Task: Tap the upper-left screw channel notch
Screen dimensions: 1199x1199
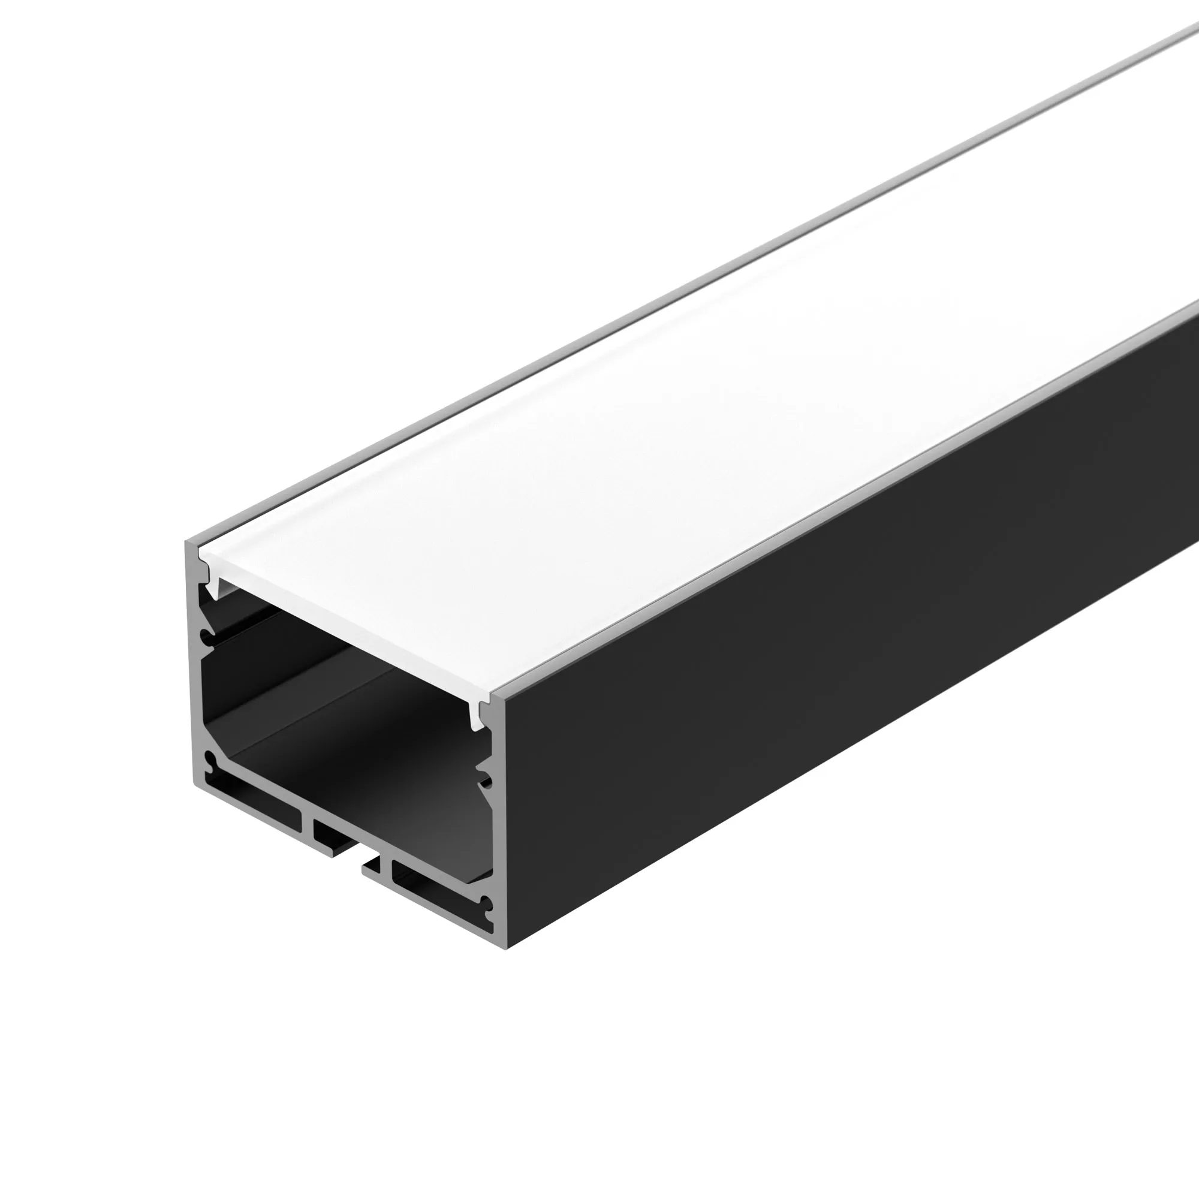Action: [x=206, y=638]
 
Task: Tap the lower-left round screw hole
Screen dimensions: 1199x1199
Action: [x=211, y=761]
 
